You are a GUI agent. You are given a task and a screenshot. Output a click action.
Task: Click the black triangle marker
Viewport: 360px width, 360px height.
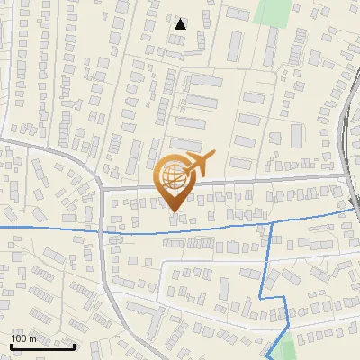181,24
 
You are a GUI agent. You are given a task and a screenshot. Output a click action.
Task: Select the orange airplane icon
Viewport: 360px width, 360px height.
200,164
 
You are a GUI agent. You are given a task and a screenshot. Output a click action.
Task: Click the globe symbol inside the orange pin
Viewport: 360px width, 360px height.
173,176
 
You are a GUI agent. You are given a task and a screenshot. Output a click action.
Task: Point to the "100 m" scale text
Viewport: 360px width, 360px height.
24,338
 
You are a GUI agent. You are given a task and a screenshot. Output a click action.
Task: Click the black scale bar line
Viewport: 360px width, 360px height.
42,346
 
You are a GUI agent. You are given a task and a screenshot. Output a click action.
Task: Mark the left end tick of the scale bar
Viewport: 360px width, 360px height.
11,345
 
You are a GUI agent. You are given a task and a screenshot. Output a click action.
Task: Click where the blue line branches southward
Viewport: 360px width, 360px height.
271,221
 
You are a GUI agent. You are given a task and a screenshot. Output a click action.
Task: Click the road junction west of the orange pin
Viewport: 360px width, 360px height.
102,189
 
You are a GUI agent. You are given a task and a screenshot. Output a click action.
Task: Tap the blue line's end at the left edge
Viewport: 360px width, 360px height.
2,229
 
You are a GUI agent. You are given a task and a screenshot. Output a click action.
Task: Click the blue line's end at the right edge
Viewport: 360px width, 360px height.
357,209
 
